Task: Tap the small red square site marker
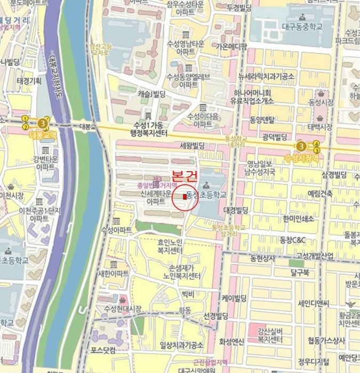pyautogui.click(x=185, y=197)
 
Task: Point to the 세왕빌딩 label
pyautogui.click(x=193, y=144)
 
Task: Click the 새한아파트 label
pyautogui.click(x=113, y=273)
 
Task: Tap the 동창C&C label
pyautogui.click(x=292, y=240)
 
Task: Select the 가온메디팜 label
pyautogui.click(x=231, y=46)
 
